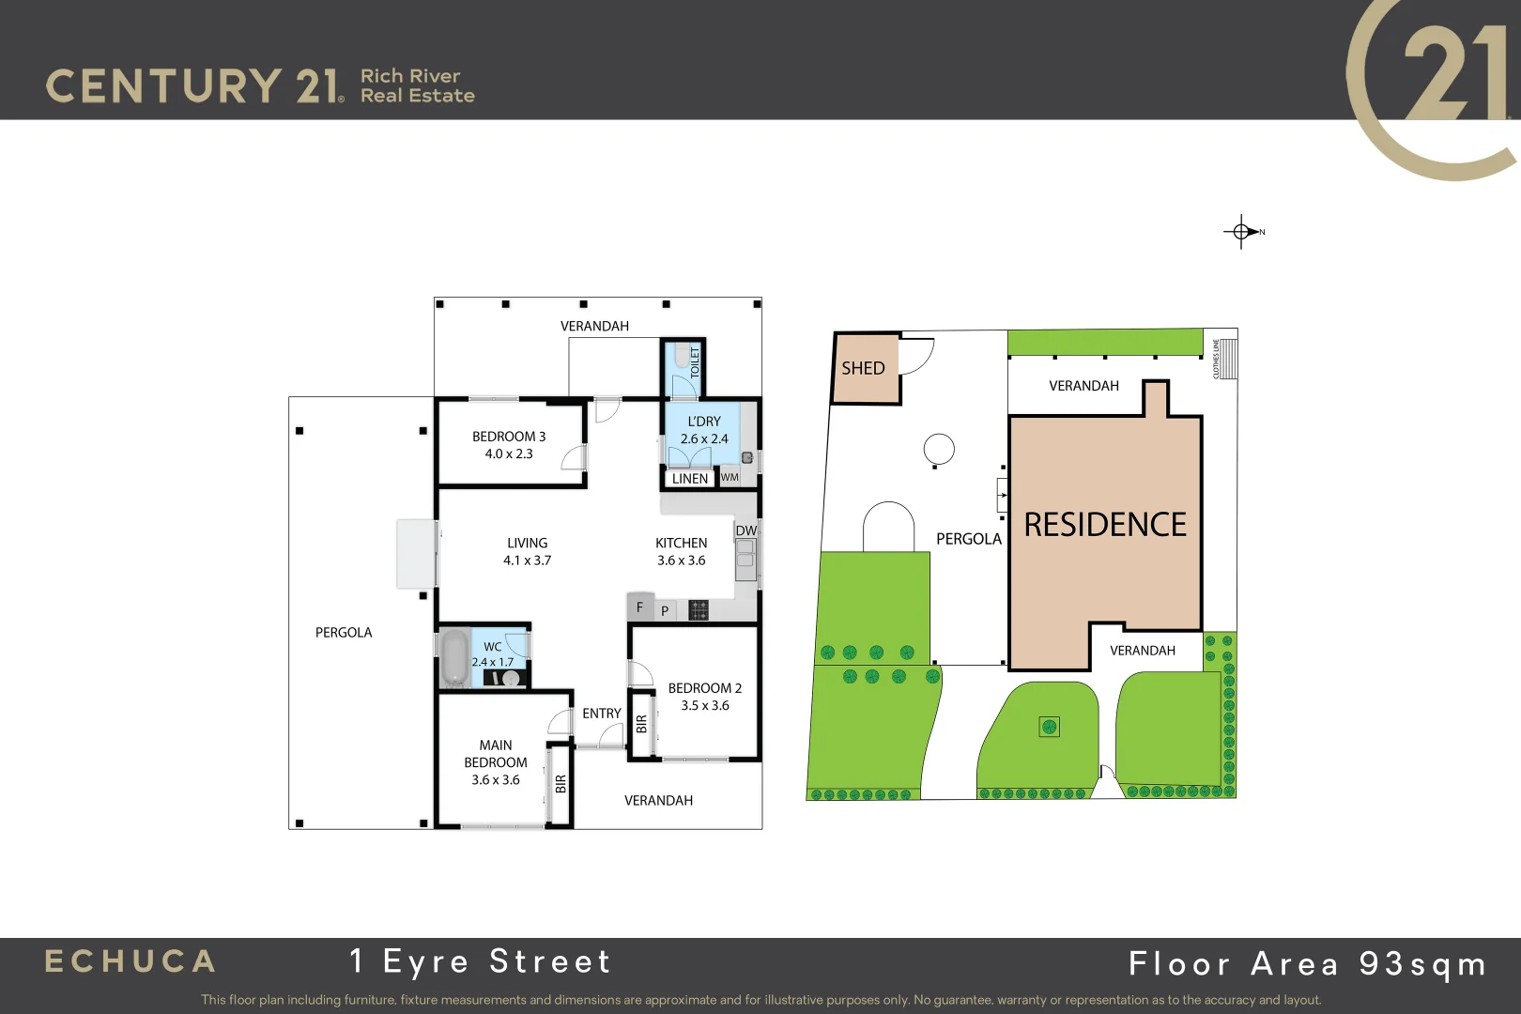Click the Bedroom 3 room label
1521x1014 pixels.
coord(508,437)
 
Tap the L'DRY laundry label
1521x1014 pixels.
coord(704,422)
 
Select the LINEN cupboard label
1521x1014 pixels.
coord(690,479)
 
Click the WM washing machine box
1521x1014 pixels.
coord(730,478)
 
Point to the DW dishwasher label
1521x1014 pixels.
coord(745,530)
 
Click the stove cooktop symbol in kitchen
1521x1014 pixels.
coord(698,610)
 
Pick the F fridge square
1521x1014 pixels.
coord(640,607)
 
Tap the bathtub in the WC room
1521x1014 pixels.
coord(454,656)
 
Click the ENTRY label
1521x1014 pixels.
coord(601,714)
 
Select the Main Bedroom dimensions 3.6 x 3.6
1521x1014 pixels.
coord(495,780)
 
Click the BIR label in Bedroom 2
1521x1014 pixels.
coord(641,724)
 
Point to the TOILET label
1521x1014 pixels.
coord(695,362)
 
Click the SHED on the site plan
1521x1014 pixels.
coord(863,368)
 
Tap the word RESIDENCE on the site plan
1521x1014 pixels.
coord(1105,525)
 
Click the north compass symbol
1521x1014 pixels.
coord(1242,231)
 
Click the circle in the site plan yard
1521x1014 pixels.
coord(939,449)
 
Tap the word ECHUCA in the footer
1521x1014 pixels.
coord(131,961)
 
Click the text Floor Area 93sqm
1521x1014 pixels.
coord(1307,964)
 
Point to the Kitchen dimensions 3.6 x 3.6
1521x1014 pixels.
coord(681,561)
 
